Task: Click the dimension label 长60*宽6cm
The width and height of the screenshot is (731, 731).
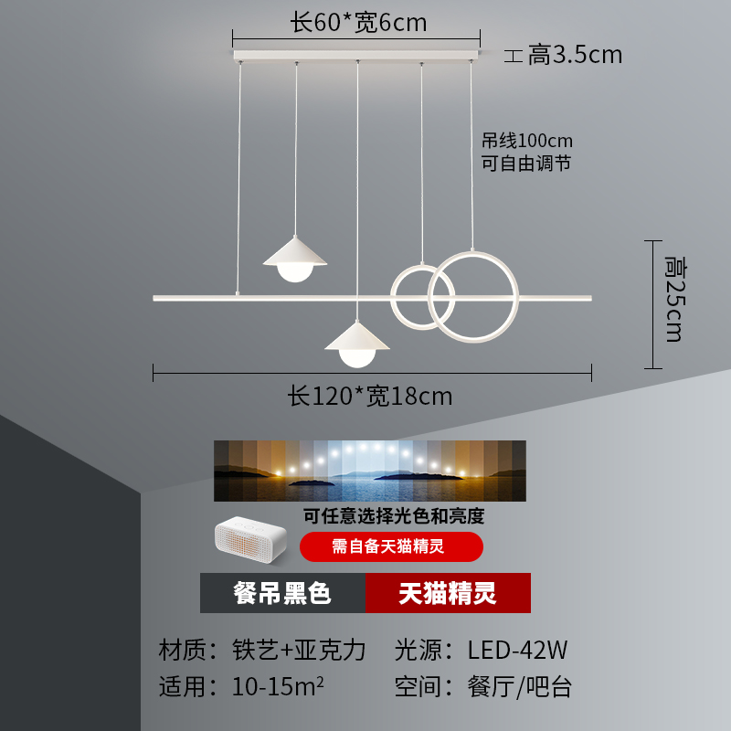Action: tap(358, 22)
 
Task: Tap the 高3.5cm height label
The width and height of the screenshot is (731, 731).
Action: tap(575, 55)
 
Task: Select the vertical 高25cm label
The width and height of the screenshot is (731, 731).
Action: tap(675, 299)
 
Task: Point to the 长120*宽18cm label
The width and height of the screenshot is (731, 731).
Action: tap(370, 397)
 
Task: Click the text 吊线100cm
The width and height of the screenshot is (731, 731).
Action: tap(527, 141)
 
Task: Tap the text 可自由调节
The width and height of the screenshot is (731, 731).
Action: tap(526, 164)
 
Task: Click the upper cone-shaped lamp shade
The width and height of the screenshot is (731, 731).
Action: tap(294, 252)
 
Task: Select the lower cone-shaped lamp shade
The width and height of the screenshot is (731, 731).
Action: tap(357, 335)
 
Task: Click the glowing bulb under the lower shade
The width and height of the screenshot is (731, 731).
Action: tap(357, 358)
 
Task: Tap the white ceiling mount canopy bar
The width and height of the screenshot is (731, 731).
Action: tap(356, 56)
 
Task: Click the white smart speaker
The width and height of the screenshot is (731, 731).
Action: tap(250, 539)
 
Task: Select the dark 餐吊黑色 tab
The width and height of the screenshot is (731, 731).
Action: tap(282, 593)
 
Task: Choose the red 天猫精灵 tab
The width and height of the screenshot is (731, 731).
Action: tap(448, 593)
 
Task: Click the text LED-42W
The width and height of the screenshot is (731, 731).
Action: tap(517, 650)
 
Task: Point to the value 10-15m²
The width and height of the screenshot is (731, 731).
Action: tap(278, 686)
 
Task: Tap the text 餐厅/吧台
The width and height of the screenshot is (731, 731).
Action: tap(519, 687)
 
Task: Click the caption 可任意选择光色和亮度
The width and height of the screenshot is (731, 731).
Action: tap(394, 516)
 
